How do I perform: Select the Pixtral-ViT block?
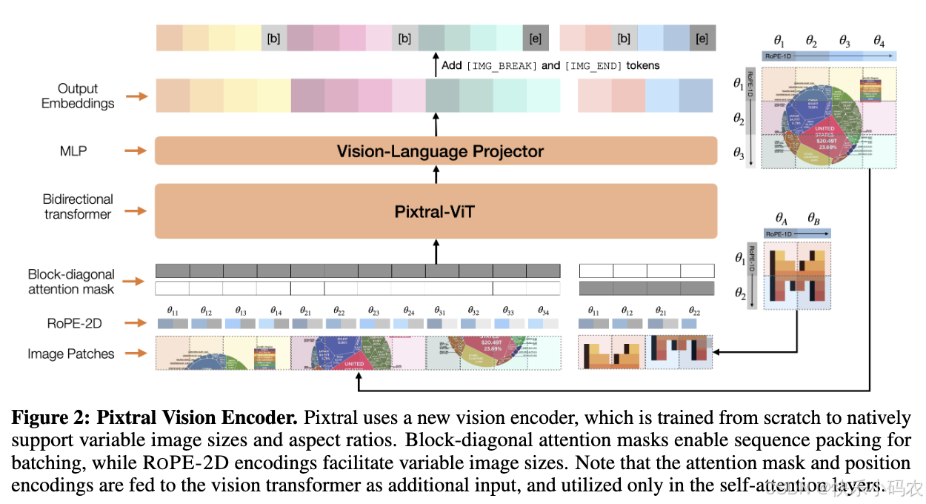point(436,211)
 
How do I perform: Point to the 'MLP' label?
point(73,151)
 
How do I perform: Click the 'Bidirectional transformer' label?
point(78,207)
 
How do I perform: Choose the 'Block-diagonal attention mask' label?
point(71,282)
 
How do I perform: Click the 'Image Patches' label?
point(71,354)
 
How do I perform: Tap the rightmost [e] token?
point(702,38)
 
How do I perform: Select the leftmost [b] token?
point(273,38)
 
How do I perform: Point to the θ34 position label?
point(543,310)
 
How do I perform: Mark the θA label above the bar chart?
point(782,219)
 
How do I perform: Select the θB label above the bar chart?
point(813,219)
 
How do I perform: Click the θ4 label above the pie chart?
point(879,41)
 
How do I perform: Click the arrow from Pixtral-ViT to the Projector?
point(436,175)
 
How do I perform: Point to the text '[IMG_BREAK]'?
point(501,66)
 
